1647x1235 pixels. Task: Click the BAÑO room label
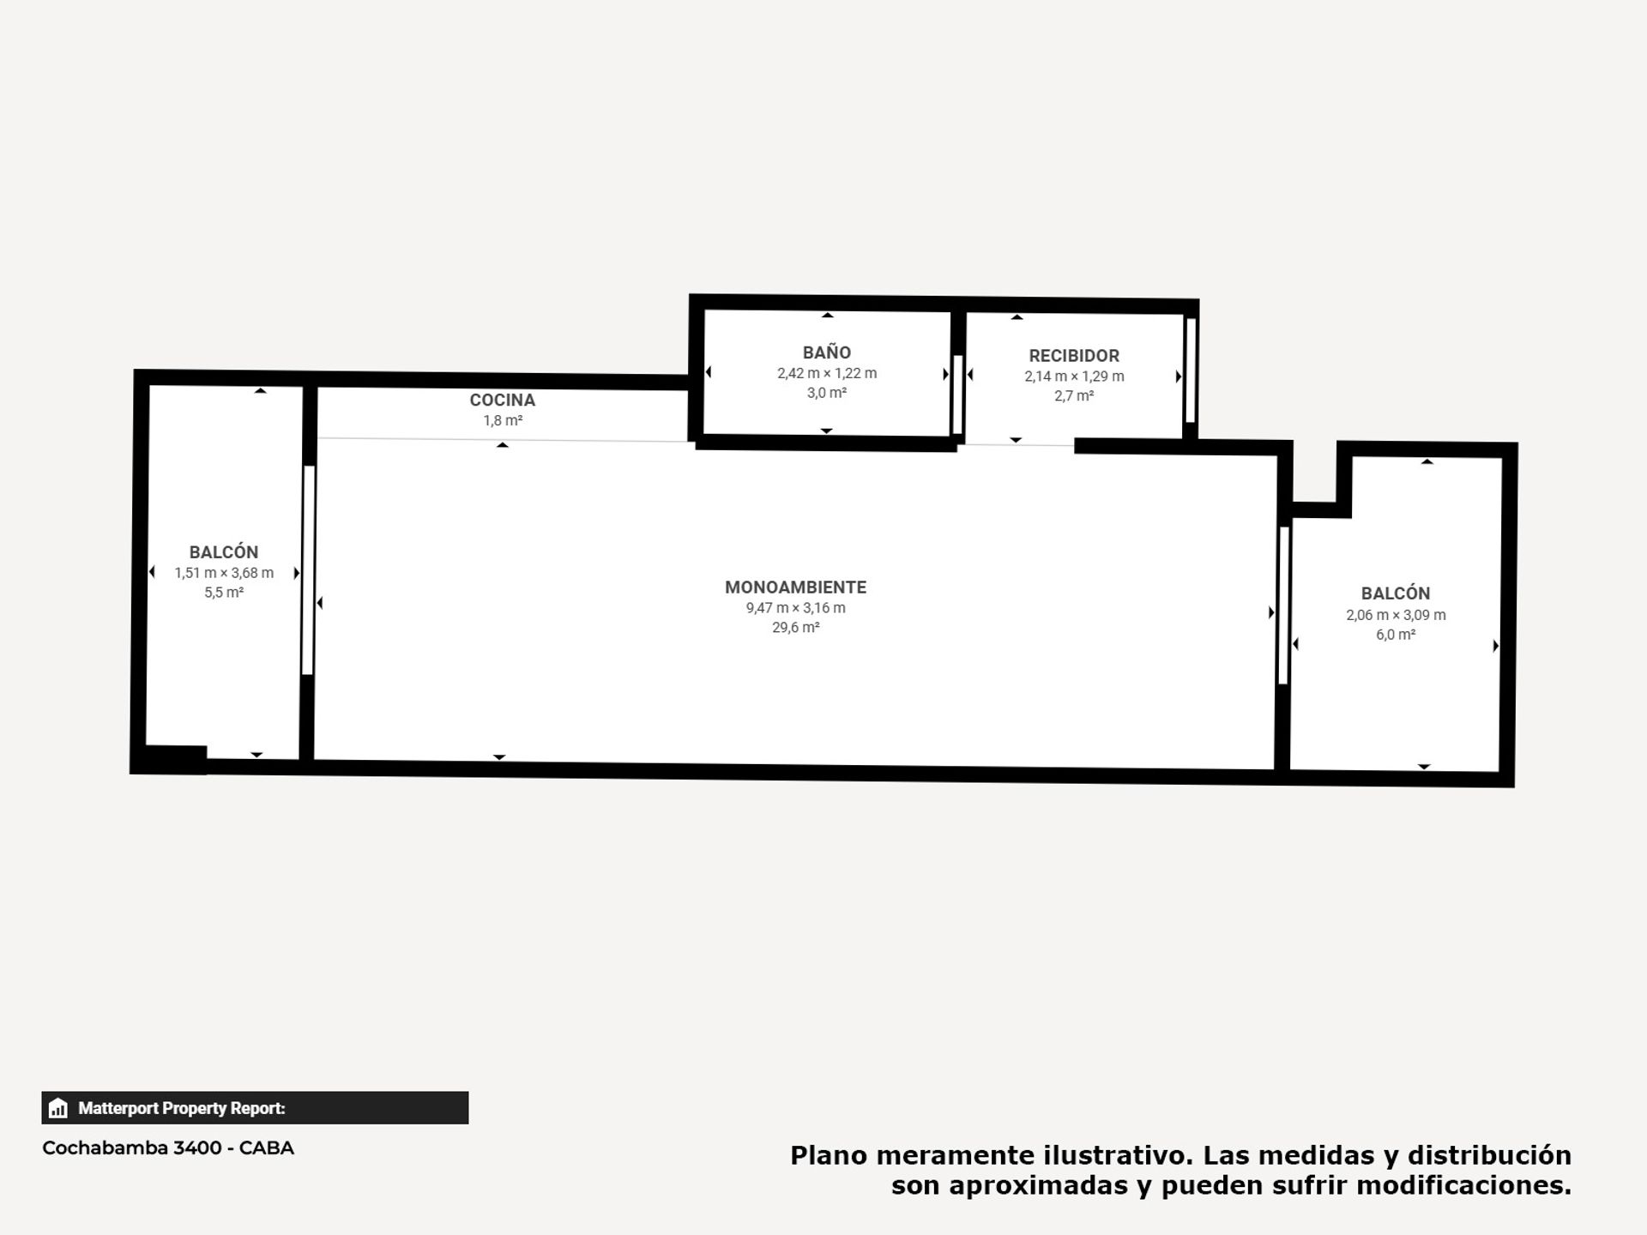(827, 352)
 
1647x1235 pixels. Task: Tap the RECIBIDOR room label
(1074, 356)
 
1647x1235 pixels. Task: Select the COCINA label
(503, 401)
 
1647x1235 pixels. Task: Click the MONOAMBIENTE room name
(796, 587)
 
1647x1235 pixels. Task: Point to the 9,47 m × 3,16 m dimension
(796, 608)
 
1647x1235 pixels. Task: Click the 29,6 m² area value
(796, 628)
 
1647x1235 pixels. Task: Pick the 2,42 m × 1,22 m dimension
(827, 373)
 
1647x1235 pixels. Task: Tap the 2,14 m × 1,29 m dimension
(1074, 377)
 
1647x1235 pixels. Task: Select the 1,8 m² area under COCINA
(503, 421)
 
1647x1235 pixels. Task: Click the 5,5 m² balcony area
(224, 593)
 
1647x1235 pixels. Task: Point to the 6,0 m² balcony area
(1396, 635)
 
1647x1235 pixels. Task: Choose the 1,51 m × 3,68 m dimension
(224, 573)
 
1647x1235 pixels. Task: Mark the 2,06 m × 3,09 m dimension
(1396, 615)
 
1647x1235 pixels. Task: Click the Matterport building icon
(58, 1108)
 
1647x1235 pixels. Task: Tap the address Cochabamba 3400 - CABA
(168, 1148)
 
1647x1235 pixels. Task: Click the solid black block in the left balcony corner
(175, 759)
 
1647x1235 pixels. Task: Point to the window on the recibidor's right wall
(1191, 370)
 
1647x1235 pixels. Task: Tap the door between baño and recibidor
(957, 395)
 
